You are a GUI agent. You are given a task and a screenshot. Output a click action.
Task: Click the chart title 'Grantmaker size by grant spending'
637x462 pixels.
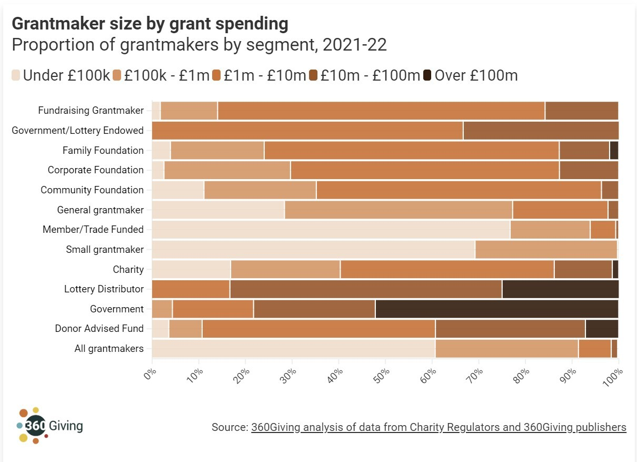(x=150, y=24)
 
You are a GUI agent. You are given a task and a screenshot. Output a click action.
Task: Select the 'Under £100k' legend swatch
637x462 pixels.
(x=16, y=75)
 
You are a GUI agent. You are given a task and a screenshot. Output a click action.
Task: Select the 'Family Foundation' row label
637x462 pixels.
(x=103, y=151)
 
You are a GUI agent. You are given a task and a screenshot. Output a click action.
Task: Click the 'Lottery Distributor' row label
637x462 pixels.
(x=104, y=289)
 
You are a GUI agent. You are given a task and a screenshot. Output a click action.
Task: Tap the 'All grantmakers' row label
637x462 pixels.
(x=110, y=348)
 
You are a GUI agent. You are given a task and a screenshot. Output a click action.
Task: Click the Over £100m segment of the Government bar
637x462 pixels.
(x=496, y=309)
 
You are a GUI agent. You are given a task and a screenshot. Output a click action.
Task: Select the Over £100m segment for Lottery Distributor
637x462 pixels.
(x=560, y=289)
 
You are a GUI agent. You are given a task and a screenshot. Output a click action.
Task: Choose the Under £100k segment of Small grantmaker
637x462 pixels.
(x=313, y=250)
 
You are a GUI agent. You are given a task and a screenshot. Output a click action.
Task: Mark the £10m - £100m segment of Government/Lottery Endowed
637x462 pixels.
(x=540, y=131)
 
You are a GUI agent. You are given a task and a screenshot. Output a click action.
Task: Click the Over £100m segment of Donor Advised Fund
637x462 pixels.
(x=602, y=329)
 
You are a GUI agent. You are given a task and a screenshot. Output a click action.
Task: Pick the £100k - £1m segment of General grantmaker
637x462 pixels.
(x=398, y=210)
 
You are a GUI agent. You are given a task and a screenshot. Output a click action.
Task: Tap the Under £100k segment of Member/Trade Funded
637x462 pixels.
(x=331, y=230)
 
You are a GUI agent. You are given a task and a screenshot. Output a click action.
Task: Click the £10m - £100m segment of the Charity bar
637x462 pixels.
(x=583, y=269)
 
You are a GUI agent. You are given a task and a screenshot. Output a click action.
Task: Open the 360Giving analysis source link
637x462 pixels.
(x=439, y=427)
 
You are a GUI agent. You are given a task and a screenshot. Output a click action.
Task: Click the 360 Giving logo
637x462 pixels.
(x=49, y=425)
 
